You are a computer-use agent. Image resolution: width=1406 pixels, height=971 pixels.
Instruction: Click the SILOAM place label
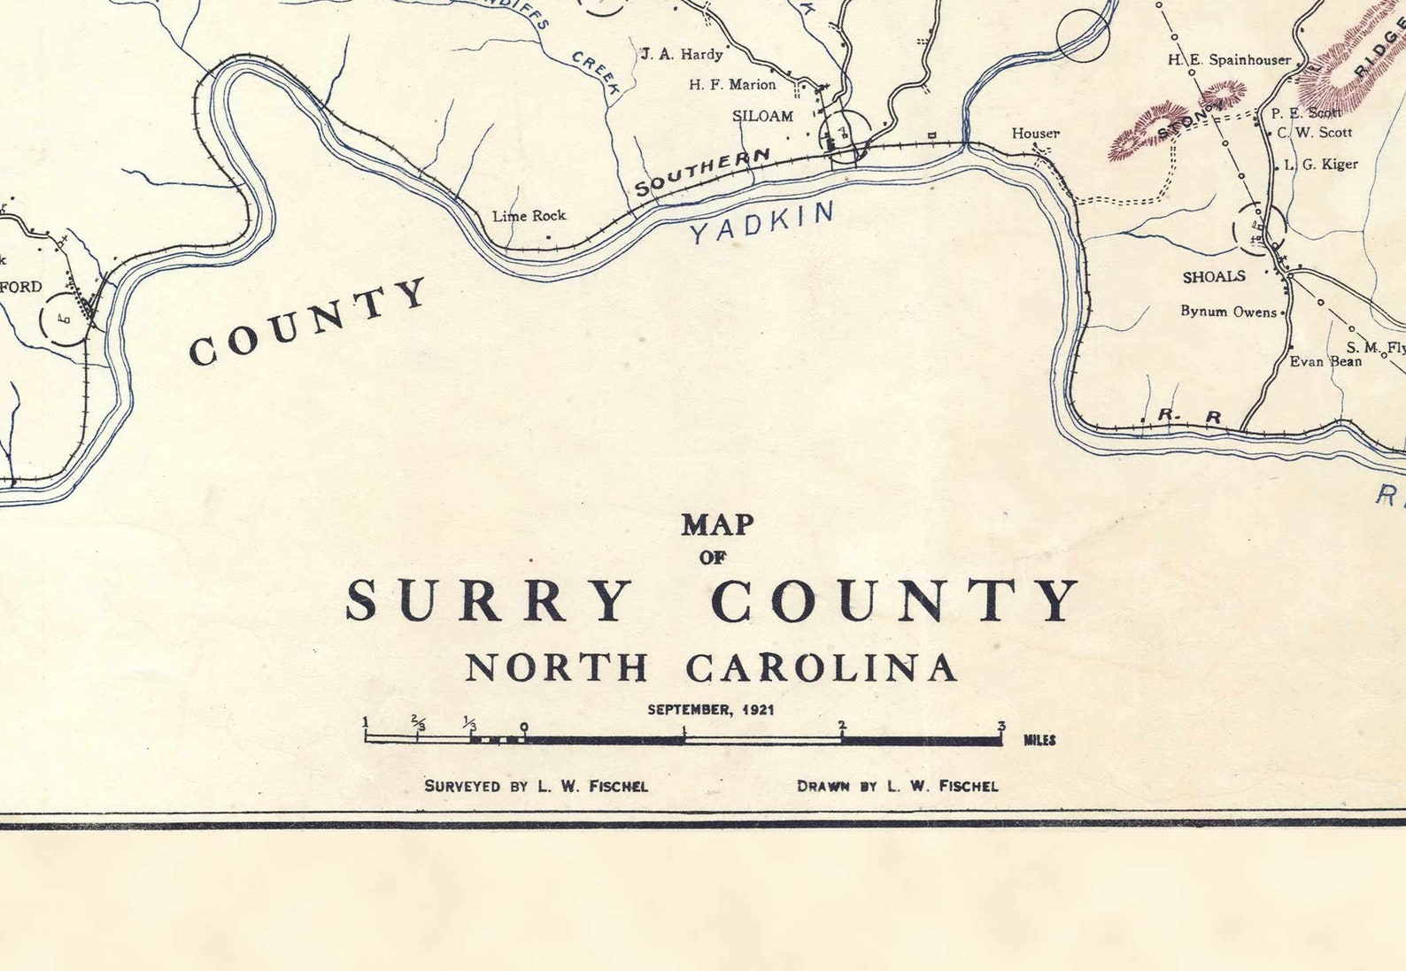click(762, 116)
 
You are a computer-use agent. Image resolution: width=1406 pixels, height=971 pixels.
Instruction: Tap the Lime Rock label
click(529, 216)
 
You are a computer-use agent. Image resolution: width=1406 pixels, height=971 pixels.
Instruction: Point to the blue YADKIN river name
click(761, 222)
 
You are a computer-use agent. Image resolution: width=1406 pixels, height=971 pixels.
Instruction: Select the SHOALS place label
click(1214, 277)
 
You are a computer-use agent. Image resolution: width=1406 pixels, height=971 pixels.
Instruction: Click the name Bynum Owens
click(1228, 312)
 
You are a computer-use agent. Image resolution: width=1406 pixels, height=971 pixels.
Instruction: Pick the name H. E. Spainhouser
click(1229, 60)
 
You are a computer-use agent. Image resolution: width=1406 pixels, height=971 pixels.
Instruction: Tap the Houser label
click(1035, 134)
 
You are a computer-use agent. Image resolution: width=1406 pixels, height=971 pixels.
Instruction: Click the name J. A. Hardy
click(682, 54)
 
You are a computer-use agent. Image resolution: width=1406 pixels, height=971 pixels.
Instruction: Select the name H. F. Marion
click(732, 85)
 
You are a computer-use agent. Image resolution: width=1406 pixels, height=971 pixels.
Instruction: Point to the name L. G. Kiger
click(1320, 165)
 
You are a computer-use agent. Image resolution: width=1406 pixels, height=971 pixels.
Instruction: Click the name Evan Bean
click(1325, 361)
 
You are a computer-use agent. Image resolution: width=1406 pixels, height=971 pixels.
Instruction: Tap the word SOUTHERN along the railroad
click(702, 173)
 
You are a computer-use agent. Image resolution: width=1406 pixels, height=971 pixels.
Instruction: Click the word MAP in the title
click(717, 525)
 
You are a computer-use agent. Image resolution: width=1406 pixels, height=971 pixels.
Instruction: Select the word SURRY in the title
click(489, 601)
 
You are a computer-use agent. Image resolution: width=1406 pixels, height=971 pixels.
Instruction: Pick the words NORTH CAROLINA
click(711, 668)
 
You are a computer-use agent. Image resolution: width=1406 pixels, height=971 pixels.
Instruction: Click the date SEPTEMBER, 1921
click(711, 710)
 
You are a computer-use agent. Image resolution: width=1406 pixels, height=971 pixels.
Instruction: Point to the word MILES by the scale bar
click(1039, 740)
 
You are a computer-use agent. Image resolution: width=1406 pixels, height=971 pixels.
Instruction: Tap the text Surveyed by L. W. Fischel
click(536, 786)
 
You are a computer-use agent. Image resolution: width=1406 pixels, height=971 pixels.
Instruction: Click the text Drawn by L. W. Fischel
click(897, 786)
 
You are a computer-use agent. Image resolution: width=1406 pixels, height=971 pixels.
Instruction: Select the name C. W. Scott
click(1314, 133)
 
